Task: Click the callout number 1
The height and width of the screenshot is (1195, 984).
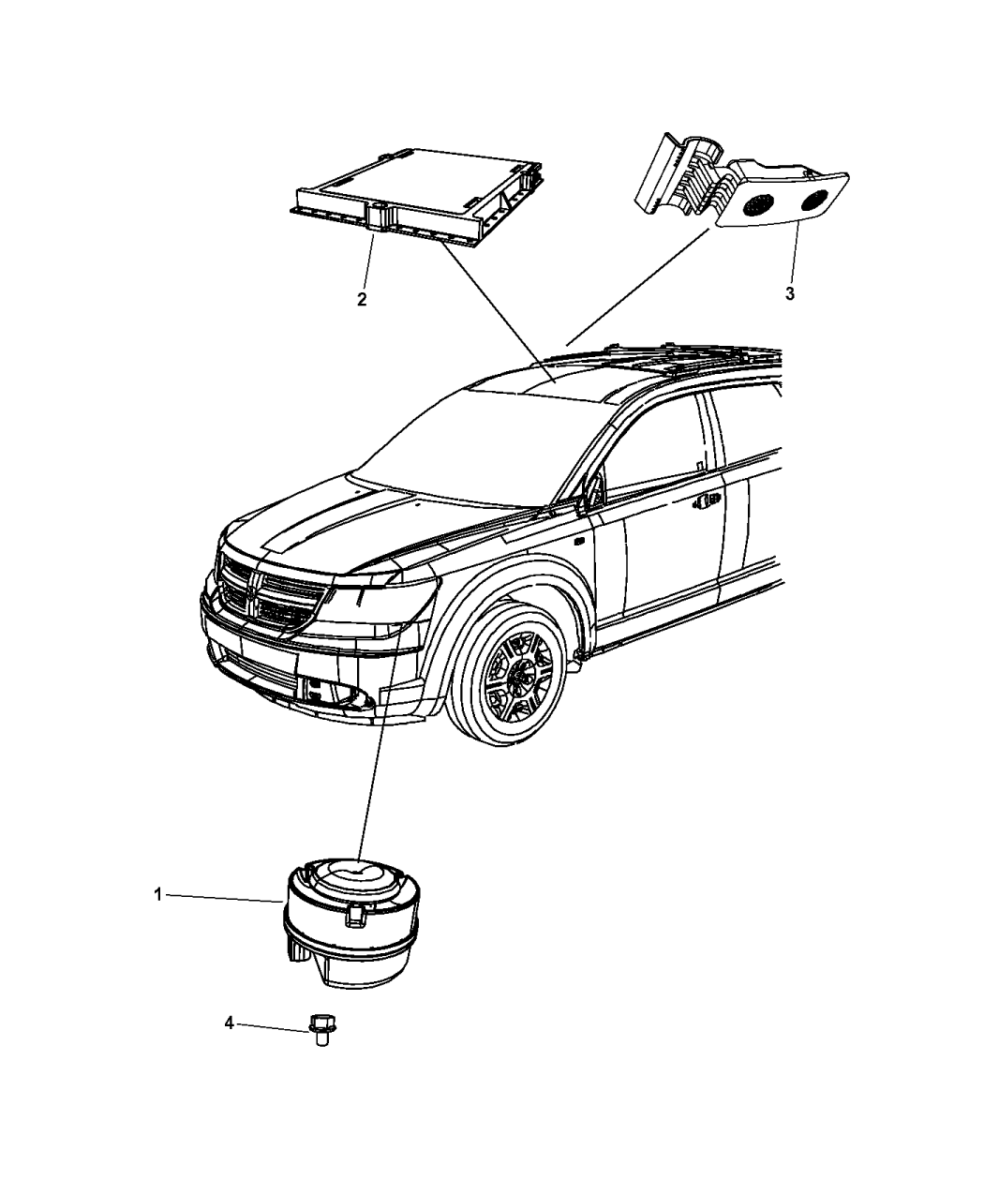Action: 158,894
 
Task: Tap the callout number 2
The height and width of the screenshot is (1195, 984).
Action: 362,299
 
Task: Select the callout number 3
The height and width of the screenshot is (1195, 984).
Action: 790,293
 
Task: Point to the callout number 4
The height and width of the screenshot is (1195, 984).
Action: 229,1023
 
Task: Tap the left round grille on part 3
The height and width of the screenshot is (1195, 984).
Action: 757,206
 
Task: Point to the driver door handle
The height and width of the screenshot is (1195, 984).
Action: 706,501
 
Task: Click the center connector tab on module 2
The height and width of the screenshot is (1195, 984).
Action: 378,218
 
